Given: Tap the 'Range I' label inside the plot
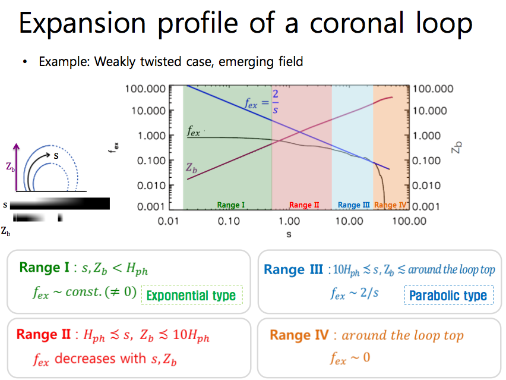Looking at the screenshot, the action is click(x=231, y=205).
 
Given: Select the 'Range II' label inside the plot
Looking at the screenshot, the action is click(x=304, y=205).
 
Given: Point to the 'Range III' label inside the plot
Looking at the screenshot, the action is click(x=354, y=205).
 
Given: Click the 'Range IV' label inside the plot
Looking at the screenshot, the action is click(x=390, y=205).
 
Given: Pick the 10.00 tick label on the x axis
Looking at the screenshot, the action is click(x=349, y=221).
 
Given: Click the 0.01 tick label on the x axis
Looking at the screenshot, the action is click(x=168, y=221).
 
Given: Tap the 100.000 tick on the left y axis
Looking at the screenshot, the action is click(x=146, y=89).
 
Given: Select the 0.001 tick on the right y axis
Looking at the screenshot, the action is click(x=426, y=206).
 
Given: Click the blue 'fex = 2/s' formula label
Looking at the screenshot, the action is click(x=262, y=102).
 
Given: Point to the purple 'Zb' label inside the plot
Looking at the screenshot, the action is click(x=191, y=168).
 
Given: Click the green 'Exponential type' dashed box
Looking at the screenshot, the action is click(x=192, y=295).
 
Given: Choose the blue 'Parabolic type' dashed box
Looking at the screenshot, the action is click(x=449, y=295).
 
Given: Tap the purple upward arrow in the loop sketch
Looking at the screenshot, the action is click(x=16, y=167).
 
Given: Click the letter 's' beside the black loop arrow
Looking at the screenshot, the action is click(x=56, y=156).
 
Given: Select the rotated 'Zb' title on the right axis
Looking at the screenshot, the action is click(x=457, y=147).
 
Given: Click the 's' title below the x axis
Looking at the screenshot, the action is click(x=289, y=234).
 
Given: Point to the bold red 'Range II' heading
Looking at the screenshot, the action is click(x=43, y=334).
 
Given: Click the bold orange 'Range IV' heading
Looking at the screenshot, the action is click(x=299, y=335).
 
